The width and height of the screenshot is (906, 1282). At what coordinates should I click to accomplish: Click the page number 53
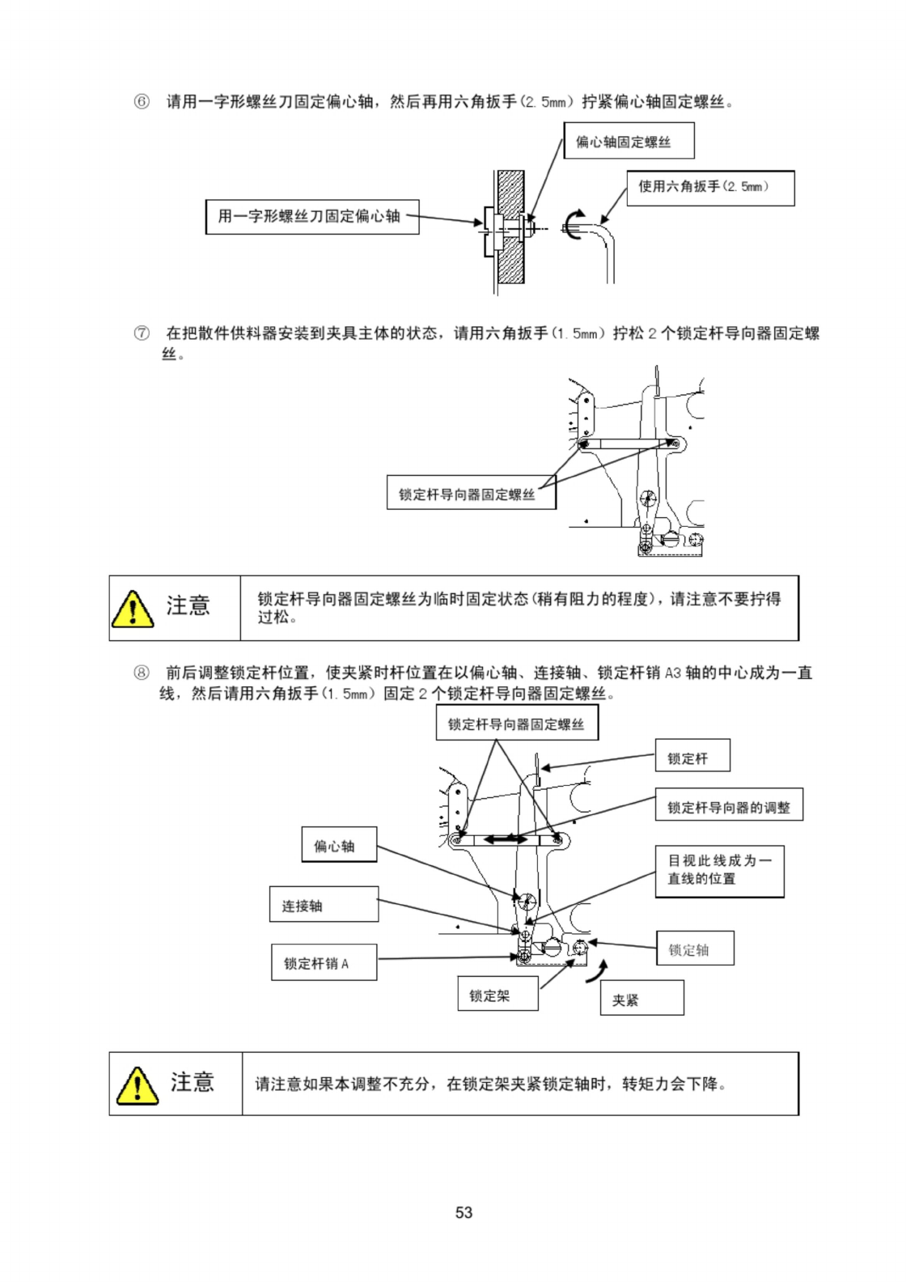(x=464, y=1212)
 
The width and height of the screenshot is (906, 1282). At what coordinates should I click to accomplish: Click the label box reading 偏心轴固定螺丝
(x=629, y=140)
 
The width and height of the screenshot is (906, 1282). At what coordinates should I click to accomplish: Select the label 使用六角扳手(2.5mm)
(x=710, y=188)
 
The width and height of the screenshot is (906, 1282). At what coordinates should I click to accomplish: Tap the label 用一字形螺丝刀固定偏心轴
(x=312, y=216)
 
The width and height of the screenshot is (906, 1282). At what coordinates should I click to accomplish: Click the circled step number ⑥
(x=142, y=102)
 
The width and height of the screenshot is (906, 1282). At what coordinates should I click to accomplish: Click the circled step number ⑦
(x=142, y=333)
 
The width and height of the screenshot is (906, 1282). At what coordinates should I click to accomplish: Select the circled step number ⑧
(x=142, y=673)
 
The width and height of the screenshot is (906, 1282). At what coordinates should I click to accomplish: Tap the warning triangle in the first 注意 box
(x=133, y=609)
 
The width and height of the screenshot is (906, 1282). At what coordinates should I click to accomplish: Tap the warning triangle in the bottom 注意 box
(x=138, y=1085)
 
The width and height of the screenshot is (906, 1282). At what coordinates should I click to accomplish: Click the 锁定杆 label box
(x=692, y=755)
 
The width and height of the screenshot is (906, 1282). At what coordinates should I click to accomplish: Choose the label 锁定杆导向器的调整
(x=729, y=804)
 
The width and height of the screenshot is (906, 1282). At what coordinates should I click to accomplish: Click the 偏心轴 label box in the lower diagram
(x=339, y=844)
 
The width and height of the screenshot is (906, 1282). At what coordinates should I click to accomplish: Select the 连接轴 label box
(x=324, y=904)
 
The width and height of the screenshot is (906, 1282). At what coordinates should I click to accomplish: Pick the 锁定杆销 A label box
(x=324, y=962)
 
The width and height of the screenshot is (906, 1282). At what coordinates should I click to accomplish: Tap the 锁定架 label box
(x=497, y=993)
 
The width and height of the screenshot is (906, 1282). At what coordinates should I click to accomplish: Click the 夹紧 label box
(x=641, y=998)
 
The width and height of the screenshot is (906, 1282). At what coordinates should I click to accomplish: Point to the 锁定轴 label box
(x=695, y=949)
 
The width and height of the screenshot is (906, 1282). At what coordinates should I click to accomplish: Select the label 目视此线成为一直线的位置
(x=719, y=871)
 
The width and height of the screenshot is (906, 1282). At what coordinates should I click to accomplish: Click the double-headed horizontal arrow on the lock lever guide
(x=505, y=839)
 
